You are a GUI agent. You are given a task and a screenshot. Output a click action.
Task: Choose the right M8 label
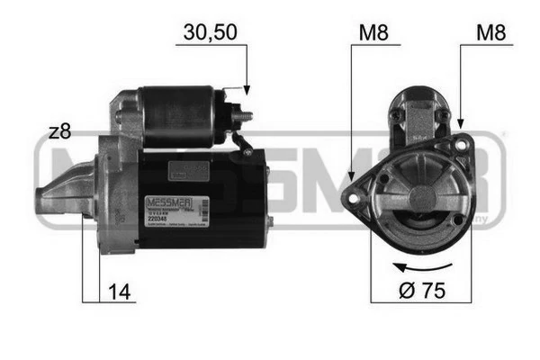(x=492, y=34)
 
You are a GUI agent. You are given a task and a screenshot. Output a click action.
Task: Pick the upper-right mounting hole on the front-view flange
(x=460, y=144)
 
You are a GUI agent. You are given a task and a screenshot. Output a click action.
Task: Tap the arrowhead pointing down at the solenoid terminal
(x=246, y=91)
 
